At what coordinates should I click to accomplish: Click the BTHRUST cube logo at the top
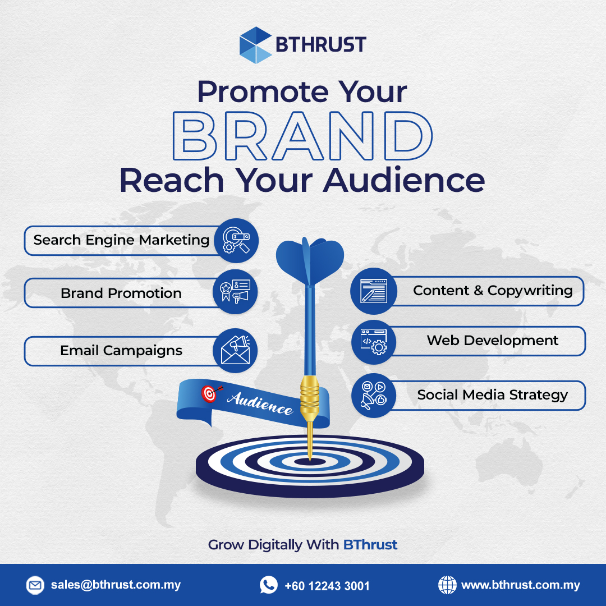(x=256, y=44)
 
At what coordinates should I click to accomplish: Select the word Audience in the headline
(x=403, y=180)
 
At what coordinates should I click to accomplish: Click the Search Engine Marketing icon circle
(x=236, y=241)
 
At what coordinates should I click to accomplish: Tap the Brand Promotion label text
(x=121, y=293)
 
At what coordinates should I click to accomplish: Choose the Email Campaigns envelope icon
(x=235, y=351)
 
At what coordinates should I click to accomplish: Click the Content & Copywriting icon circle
(x=373, y=291)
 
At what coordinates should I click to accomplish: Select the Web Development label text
(x=492, y=341)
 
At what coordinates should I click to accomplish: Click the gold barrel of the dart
(x=309, y=398)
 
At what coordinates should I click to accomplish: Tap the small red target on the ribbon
(x=208, y=394)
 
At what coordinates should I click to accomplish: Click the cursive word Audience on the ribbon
(x=260, y=402)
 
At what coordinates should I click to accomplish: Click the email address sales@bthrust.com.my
(x=116, y=585)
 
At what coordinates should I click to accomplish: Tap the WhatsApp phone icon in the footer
(x=269, y=585)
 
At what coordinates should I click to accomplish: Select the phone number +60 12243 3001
(x=327, y=586)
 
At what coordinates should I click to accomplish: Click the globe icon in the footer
(x=447, y=585)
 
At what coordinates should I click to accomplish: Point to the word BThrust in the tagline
(x=370, y=544)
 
